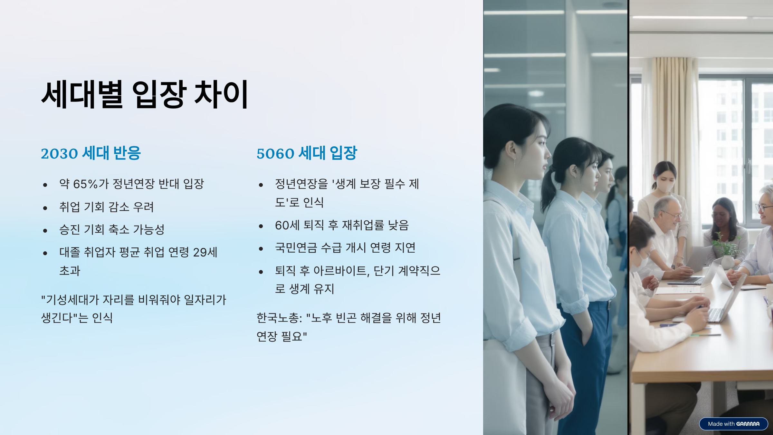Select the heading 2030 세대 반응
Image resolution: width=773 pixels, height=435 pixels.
(91, 153)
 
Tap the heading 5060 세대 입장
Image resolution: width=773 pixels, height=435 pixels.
(307, 153)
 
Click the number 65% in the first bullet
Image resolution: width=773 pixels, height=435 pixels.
(85, 184)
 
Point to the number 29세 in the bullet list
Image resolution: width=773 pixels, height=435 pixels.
(205, 252)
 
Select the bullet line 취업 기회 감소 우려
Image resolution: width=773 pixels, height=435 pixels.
(107, 207)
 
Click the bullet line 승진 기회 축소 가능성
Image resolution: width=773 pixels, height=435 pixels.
(112, 229)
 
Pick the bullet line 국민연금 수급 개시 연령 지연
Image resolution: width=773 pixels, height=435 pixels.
(345, 248)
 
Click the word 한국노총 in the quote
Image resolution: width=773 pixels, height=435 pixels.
(277, 318)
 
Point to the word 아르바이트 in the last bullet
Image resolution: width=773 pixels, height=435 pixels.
(340, 271)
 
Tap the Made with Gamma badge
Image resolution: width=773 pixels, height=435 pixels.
(733, 424)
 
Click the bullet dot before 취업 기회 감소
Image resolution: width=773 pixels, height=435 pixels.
(45, 208)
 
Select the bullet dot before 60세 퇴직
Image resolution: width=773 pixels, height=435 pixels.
(261, 226)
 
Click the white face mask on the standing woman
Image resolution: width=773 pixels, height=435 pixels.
(664, 185)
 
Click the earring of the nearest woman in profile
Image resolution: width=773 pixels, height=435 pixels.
(514, 161)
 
